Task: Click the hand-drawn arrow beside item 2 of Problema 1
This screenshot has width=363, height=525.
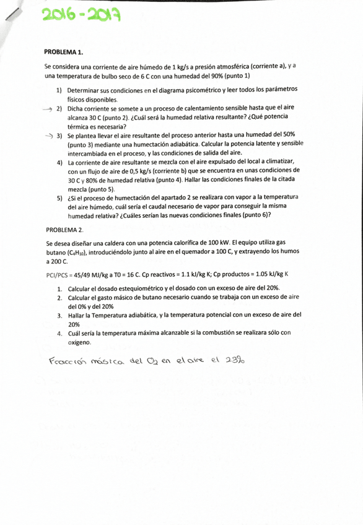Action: pos(47,108)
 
